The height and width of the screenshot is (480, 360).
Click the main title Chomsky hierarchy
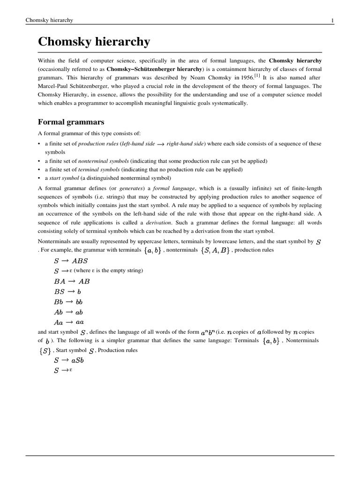click(94, 42)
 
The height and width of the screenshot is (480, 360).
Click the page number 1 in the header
click(332, 20)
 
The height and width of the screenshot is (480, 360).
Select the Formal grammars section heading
click(71, 122)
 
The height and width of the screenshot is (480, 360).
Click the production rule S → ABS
click(71, 261)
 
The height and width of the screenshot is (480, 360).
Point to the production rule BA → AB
click(72, 282)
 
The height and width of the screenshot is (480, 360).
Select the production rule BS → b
click(67, 292)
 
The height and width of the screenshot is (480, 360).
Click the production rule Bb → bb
click(68, 302)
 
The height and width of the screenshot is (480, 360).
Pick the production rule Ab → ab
click(68, 312)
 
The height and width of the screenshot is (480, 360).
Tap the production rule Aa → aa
click(69, 322)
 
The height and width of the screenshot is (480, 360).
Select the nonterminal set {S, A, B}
click(215, 251)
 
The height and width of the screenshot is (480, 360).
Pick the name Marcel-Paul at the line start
click(53, 86)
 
